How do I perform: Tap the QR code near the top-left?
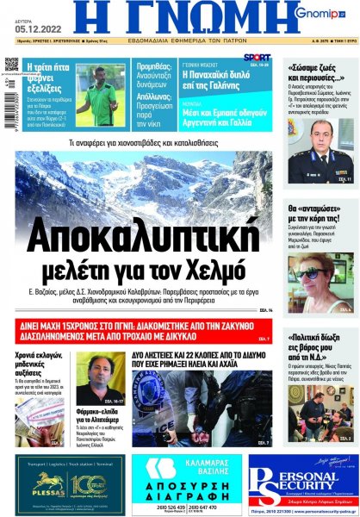(x=11, y=65)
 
